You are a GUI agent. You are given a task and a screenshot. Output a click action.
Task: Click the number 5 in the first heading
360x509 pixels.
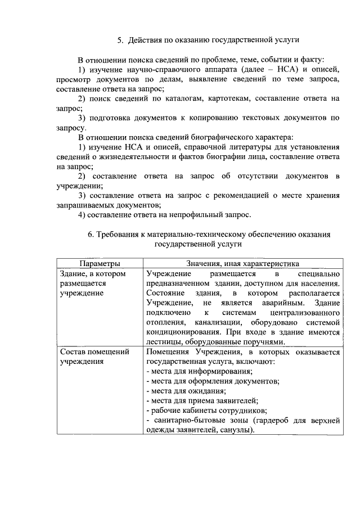point(120,40)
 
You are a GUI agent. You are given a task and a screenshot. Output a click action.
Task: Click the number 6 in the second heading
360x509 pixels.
point(91,235)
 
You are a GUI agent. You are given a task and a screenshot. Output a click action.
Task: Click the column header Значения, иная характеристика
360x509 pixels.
point(242,264)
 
